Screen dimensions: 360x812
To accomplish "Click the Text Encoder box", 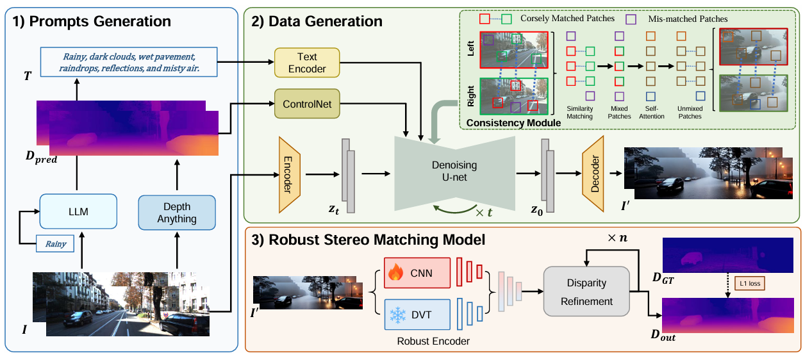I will tap(306, 63).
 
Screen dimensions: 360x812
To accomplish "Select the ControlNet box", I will tap(306, 104).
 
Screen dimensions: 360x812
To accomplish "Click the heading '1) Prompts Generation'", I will tap(92, 22).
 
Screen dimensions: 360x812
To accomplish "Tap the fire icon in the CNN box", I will tap(395, 274).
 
